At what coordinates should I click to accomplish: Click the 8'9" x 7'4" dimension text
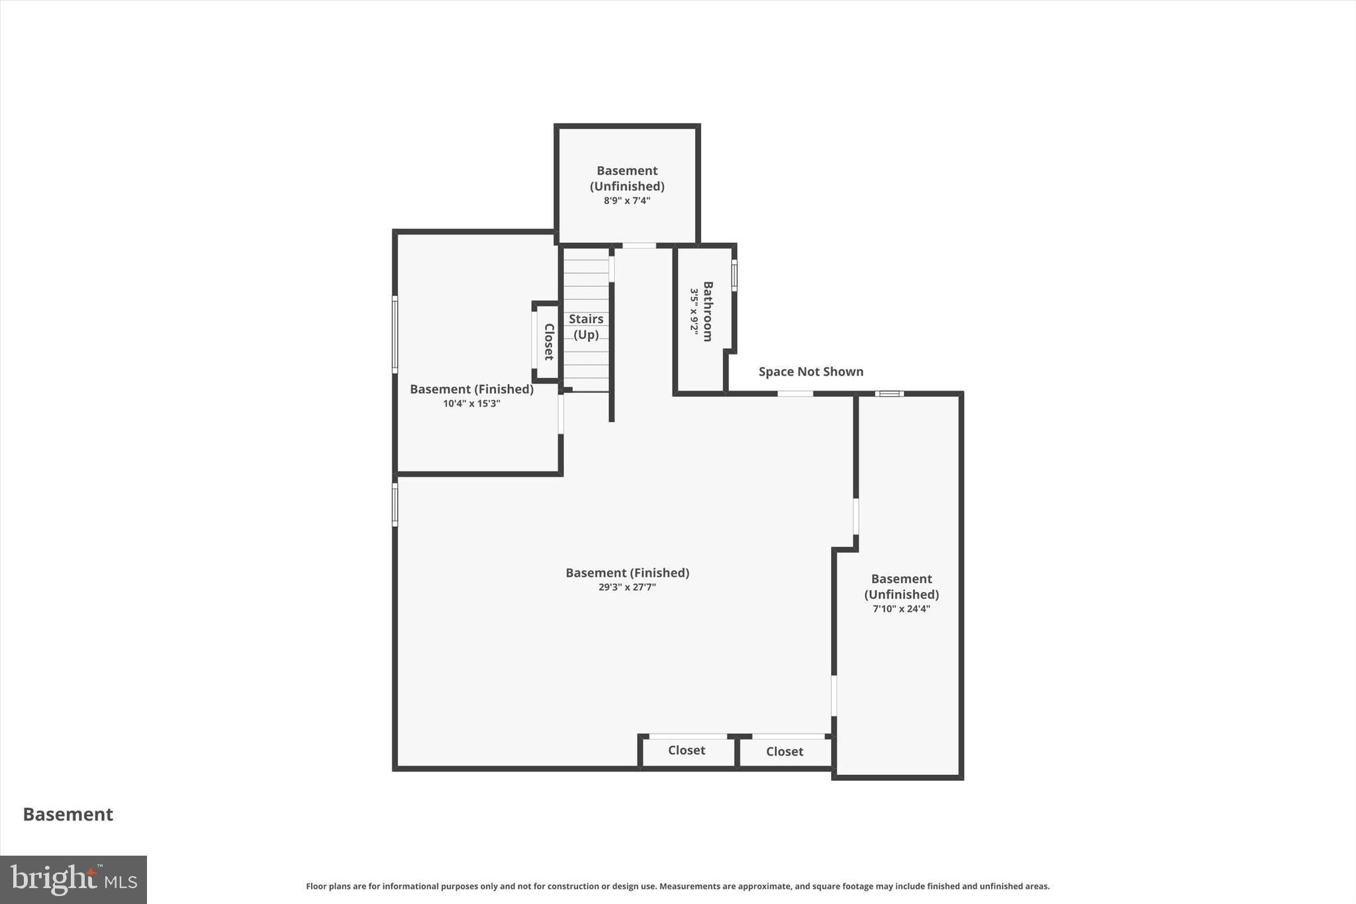coord(626,201)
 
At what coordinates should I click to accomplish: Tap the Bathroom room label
coord(708,311)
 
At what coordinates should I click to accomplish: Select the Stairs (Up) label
coord(586,326)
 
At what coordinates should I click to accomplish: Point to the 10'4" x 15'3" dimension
coord(471,403)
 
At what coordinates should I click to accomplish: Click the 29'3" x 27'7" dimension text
coord(627,587)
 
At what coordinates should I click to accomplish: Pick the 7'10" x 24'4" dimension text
coord(901,609)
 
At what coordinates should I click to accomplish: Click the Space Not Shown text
coord(810,372)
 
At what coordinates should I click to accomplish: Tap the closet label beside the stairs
coord(549,342)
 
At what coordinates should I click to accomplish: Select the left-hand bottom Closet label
coord(686,750)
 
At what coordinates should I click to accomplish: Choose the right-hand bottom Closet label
coord(784,752)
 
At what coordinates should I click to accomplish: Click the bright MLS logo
coord(73,879)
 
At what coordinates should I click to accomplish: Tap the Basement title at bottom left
coord(68,814)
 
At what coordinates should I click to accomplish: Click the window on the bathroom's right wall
coord(734,275)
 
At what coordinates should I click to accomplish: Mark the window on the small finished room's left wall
coord(395,334)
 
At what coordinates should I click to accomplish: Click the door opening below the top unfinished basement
coord(639,246)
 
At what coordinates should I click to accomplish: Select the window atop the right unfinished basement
coord(889,393)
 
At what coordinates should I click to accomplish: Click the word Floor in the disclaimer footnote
coord(316,886)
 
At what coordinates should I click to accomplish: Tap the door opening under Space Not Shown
coord(795,393)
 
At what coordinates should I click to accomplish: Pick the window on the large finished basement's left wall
coord(395,505)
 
